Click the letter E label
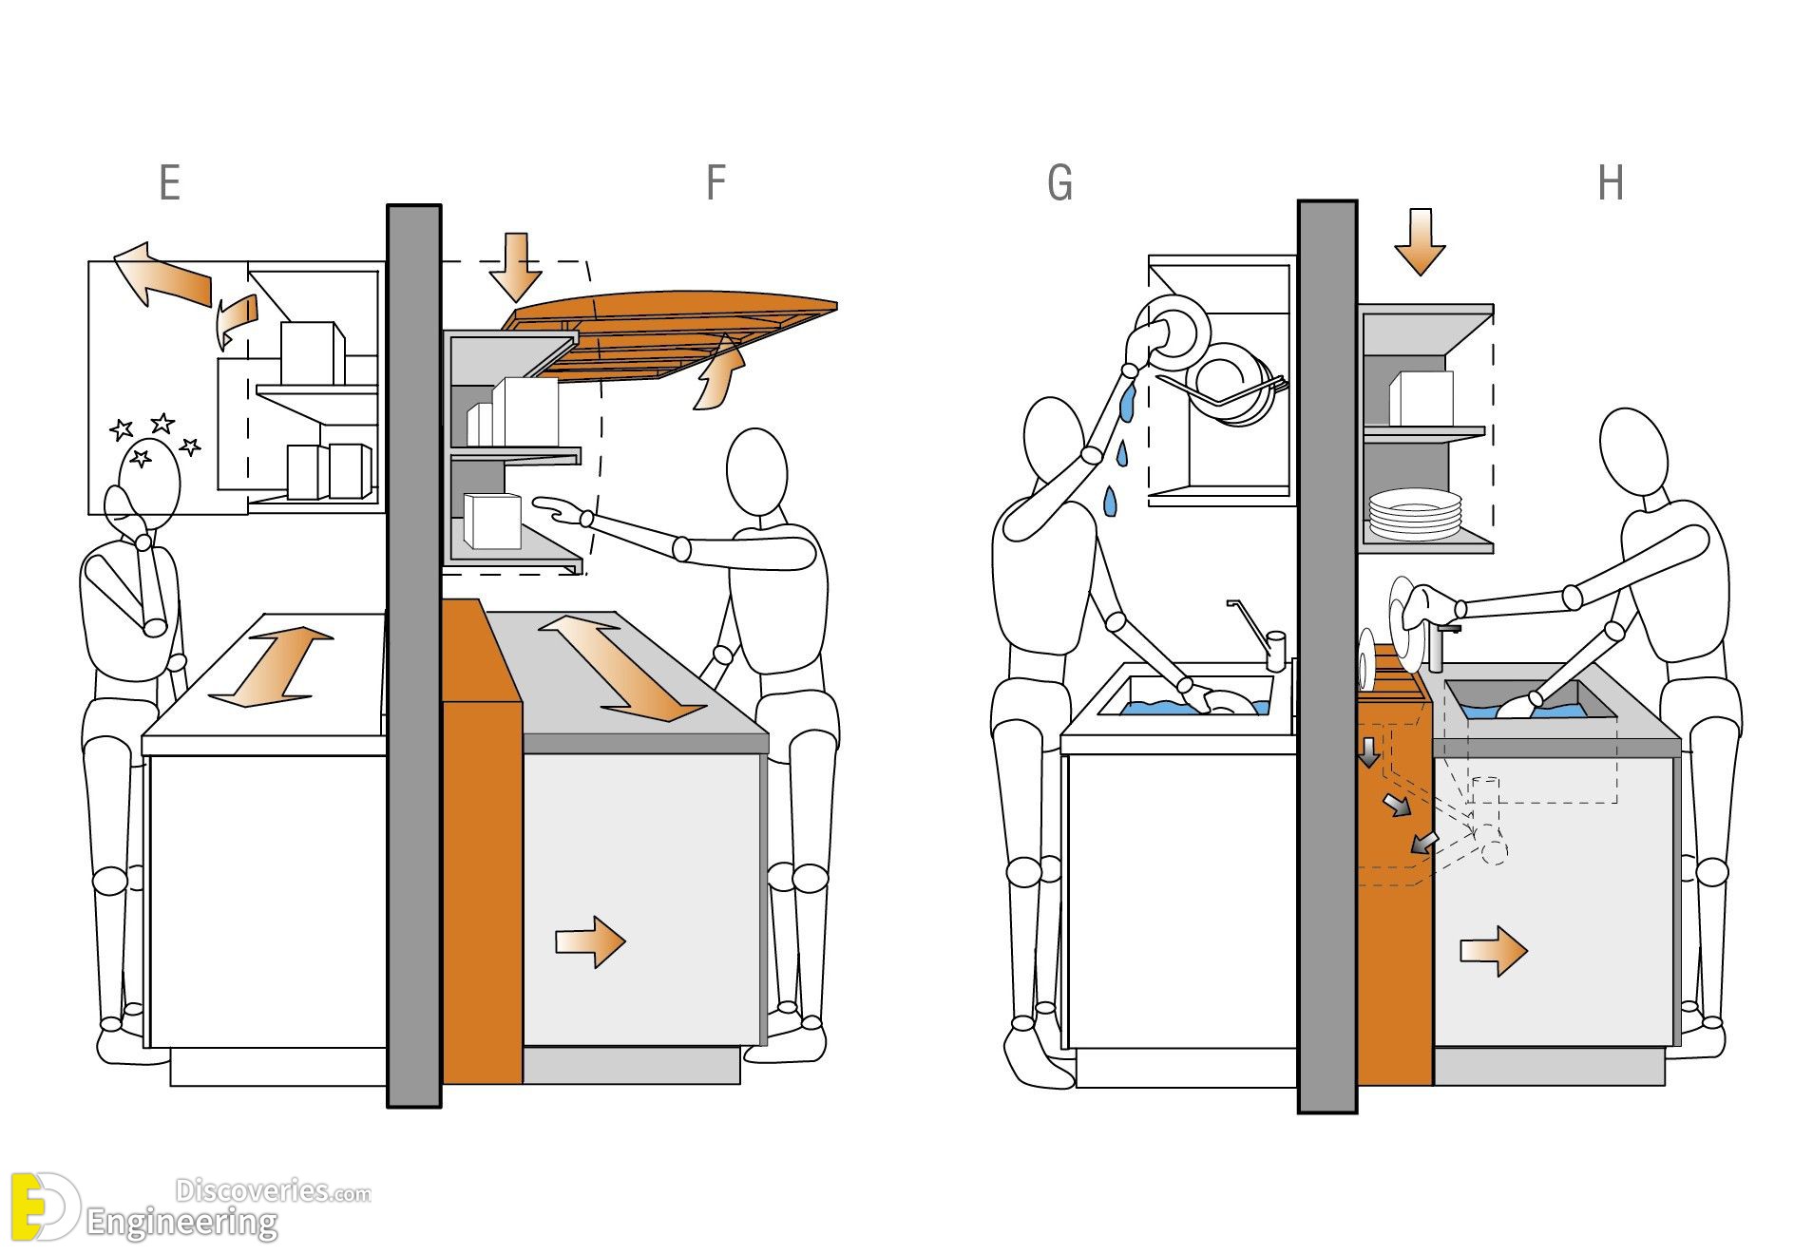coord(170,182)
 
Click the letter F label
coord(716,182)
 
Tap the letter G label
coord(1059,182)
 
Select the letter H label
coord(1611,182)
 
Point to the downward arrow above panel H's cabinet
coord(1420,243)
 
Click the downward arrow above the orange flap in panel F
coord(516,266)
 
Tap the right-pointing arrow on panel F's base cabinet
coord(590,941)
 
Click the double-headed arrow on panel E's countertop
coord(270,667)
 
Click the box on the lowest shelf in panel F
coord(493,521)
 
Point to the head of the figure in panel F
coord(756,472)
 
